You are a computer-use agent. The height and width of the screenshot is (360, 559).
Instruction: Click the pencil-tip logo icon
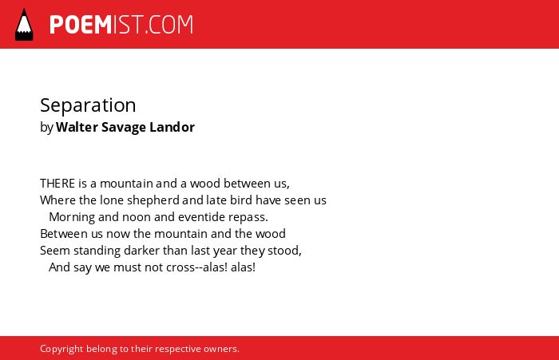[24, 25]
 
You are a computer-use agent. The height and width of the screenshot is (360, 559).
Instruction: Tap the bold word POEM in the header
[81, 25]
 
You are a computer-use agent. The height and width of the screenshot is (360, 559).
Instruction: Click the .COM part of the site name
[168, 25]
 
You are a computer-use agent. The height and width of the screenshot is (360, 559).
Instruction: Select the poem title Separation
[88, 105]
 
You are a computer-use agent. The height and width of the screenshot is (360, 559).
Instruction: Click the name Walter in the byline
[77, 127]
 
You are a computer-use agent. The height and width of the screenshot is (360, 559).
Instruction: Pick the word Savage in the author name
[124, 128]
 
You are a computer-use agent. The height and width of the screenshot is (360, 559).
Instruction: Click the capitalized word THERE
[57, 184]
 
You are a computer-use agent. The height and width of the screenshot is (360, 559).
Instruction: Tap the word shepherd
[153, 200]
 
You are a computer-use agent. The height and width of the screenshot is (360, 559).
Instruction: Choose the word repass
[248, 217]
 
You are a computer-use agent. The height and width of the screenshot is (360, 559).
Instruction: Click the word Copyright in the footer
[61, 349]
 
